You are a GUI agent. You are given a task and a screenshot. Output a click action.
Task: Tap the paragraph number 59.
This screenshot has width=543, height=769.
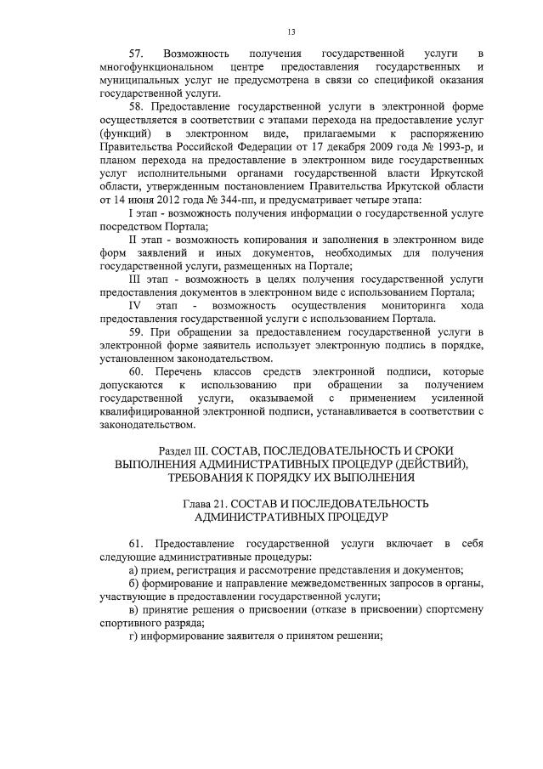coord(137,331)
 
